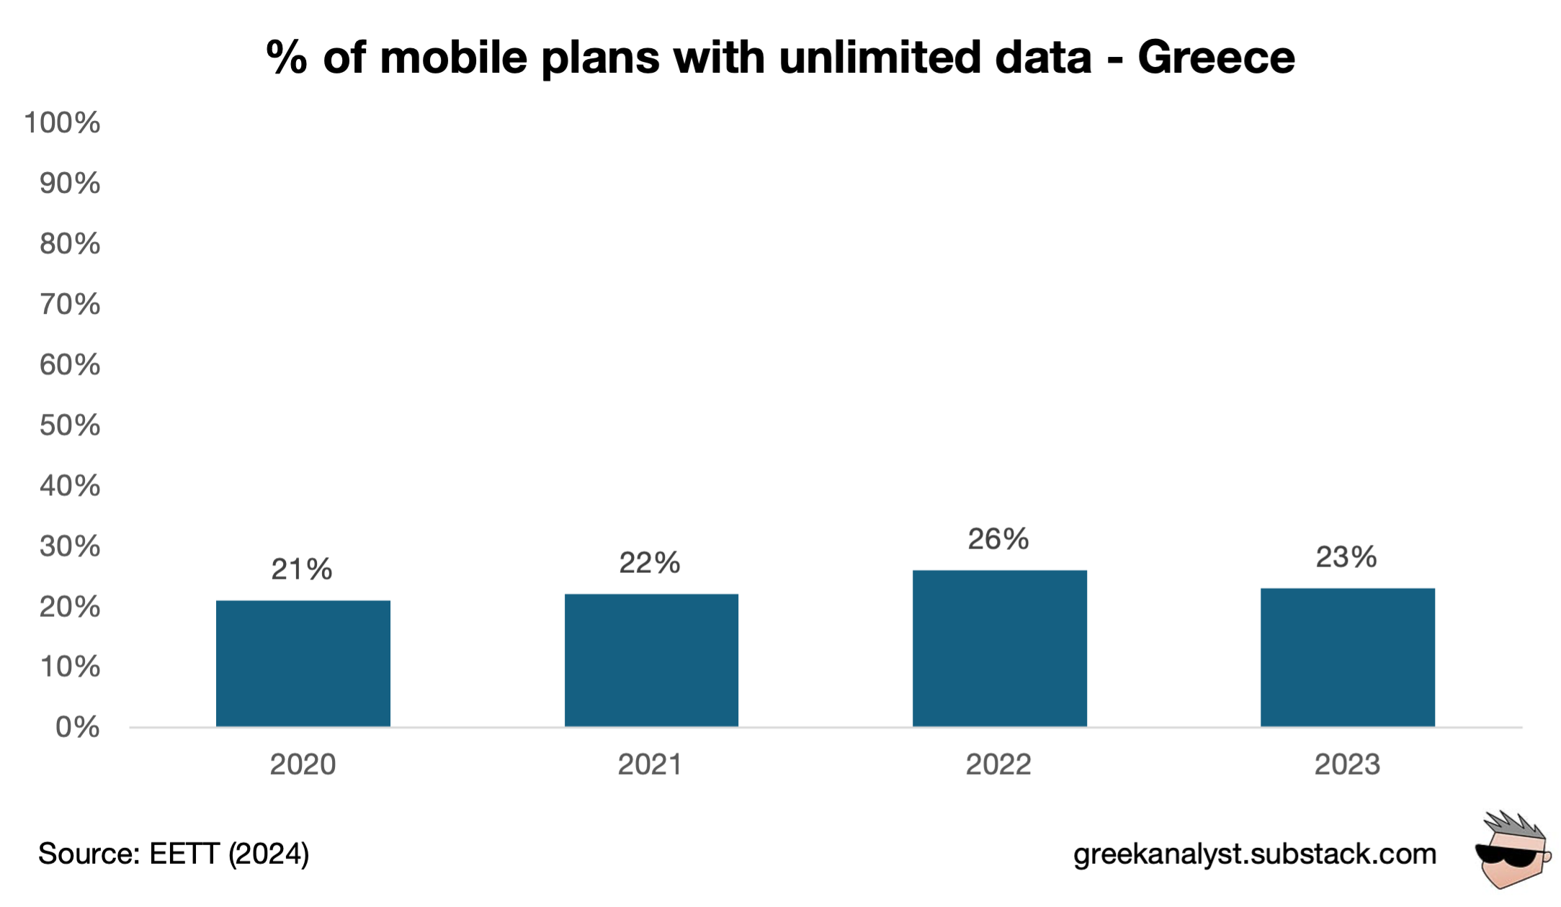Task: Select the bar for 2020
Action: click(303, 663)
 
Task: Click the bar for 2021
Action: click(651, 660)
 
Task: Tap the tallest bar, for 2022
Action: click(999, 648)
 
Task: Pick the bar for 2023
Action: click(1347, 657)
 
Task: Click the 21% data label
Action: click(301, 569)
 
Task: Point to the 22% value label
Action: click(649, 563)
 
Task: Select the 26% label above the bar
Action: click(998, 539)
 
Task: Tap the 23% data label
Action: click(1346, 557)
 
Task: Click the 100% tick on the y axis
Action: click(62, 123)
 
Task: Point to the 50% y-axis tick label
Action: click(69, 425)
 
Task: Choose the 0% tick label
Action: click(77, 727)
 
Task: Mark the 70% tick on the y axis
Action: click(69, 304)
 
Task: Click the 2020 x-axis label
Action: click(303, 764)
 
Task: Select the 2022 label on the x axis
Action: click(998, 764)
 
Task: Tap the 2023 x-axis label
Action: click(1347, 764)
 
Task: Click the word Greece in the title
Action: click(1216, 58)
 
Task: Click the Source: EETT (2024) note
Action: click(174, 854)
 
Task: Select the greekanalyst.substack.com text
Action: click(1255, 854)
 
